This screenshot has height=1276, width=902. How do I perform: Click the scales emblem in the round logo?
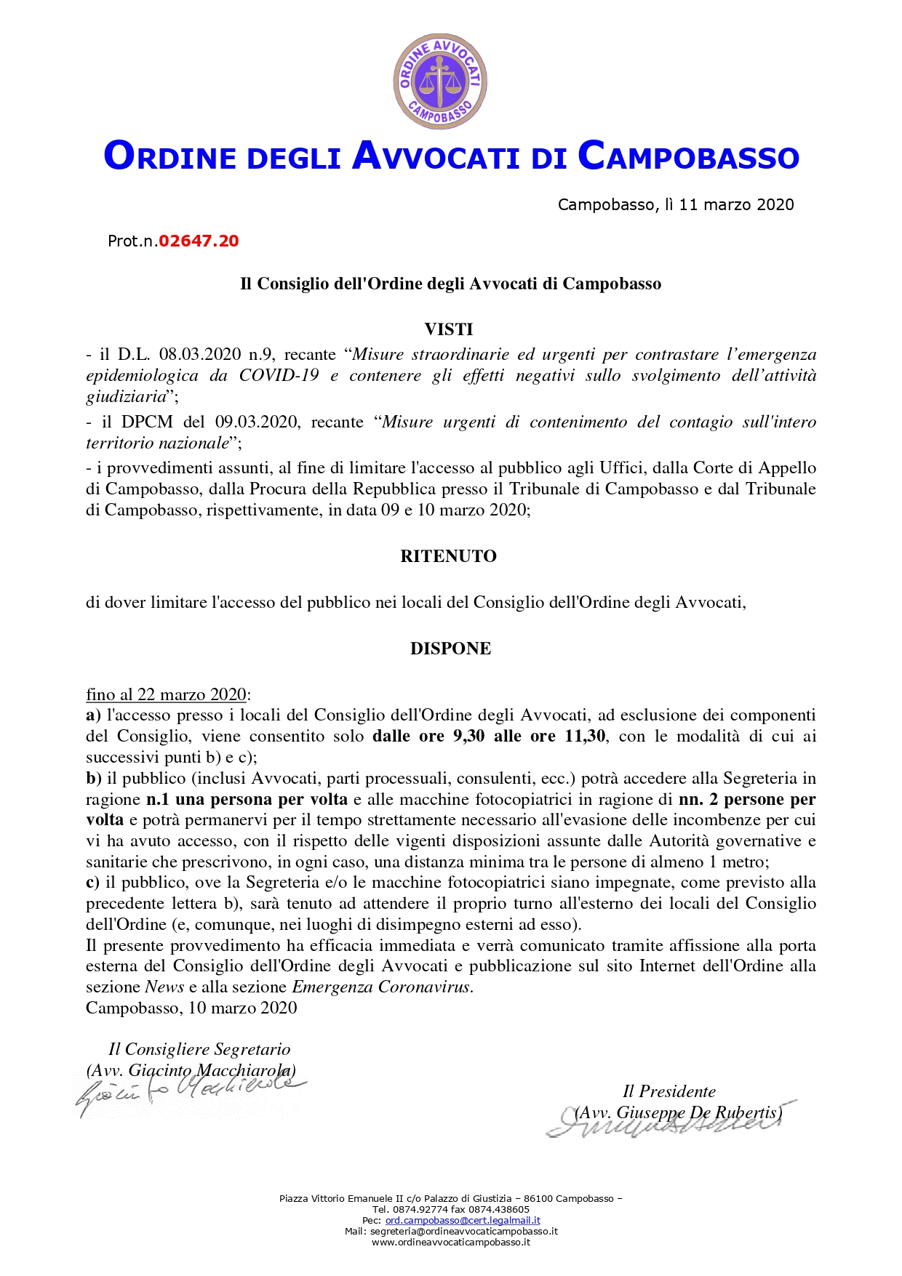[x=439, y=81]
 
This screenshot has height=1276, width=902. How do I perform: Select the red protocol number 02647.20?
[x=199, y=241]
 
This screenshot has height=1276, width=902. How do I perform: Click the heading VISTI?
[x=449, y=329]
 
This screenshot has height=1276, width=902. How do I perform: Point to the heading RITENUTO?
[x=448, y=556]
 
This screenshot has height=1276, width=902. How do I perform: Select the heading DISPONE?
[x=450, y=649]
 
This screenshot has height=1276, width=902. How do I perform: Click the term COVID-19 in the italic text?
[x=279, y=375]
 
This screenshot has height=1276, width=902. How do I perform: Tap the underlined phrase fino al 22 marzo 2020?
[x=167, y=694]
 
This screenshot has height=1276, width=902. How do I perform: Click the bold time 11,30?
[x=585, y=736]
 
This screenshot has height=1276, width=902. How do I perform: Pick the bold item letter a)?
[x=94, y=715]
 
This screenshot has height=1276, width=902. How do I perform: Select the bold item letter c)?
[x=93, y=883]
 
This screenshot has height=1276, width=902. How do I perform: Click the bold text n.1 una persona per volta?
[x=247, y=799]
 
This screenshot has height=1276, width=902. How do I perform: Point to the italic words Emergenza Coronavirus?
[x=381, y=987]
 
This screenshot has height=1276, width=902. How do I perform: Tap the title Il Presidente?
[x=668, y=1091]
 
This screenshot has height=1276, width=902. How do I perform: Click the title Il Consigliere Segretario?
[x=199, y=1049]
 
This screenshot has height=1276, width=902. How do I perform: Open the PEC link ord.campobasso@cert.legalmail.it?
[x=462, y=1221]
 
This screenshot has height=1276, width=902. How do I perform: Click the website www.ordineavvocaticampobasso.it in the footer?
[x=450, y=1243]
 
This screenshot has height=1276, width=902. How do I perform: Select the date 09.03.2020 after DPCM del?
[x=256, y=422]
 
